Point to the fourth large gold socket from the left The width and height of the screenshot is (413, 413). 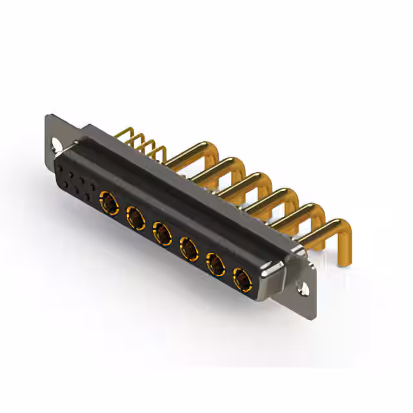coord(188,247)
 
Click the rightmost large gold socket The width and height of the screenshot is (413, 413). coord(241,279)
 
